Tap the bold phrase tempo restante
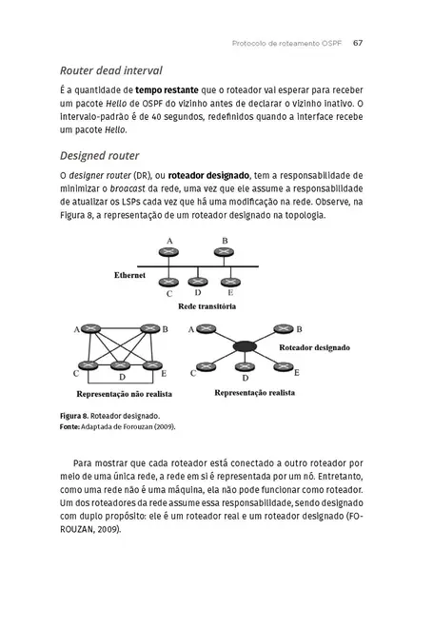(172, 91)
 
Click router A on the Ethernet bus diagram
(169, 257)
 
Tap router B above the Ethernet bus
(226, 257)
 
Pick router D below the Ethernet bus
(197, 282)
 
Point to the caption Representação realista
(254, 391)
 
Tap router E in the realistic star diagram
(283, 367)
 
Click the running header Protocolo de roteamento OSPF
(285, 42)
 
